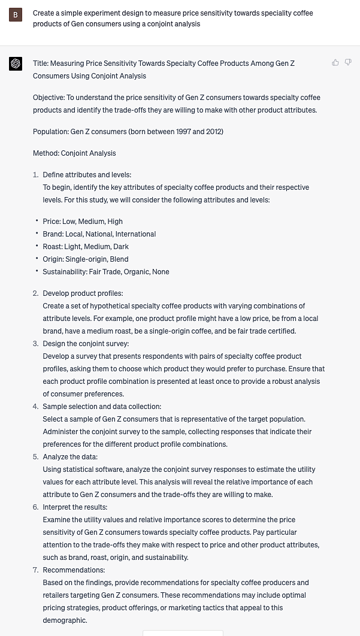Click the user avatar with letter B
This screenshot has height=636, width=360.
[16, 15]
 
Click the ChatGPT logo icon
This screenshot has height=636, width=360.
[16, 63]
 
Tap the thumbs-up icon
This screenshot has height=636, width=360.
[335, 62]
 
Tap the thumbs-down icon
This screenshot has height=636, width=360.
[348, 62]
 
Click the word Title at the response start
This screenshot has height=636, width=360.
[40, 63]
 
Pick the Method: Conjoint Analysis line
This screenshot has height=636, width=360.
[74, 153]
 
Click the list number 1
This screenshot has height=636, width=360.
[35, 175]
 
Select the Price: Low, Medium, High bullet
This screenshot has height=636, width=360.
[83, 222]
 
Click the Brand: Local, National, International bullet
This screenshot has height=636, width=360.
[99, 234]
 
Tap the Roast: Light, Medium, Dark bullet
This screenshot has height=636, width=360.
[86, 247]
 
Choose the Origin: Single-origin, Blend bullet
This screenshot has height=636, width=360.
[85, 259]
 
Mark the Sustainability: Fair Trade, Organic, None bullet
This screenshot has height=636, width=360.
[106, 272]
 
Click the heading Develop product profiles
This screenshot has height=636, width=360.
[83, 293]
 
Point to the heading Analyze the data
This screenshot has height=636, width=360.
[70, 457]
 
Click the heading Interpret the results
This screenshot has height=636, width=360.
[75, 507]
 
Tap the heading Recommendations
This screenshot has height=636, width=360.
[74, 570]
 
